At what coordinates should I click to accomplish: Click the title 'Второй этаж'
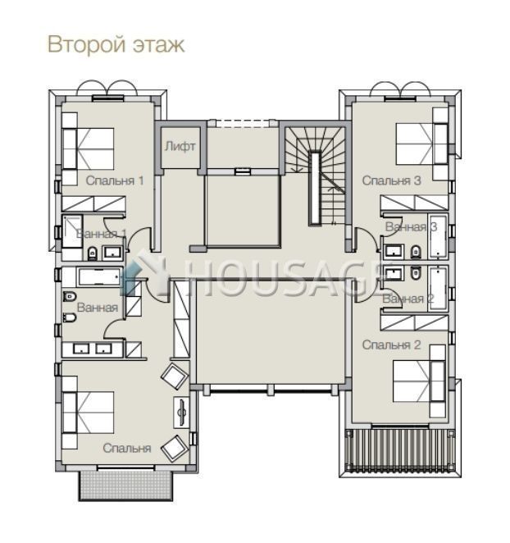(x=116, y=44)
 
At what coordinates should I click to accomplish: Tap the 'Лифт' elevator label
(x=180, y=146)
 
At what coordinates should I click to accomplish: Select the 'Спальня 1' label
(x=115, y=180)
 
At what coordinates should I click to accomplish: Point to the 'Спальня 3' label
(x=392, y=180)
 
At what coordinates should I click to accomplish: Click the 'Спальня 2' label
(x=392, y=345)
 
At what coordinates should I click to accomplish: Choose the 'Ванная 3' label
(x=411, y=227)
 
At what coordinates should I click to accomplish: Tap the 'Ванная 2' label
(x=408, y=299)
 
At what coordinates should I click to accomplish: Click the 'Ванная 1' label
(x=101, y=234)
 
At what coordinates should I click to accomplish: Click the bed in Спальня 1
(x=89, y=149)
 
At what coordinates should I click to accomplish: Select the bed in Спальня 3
(x=421, y=144)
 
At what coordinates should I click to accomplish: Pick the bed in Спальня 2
(x=419, y=381)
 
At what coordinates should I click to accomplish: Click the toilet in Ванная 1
(x=92, y=253)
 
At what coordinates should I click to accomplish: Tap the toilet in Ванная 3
(x=416, y=252)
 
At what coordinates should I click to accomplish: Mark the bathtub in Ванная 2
(x=438, y=289)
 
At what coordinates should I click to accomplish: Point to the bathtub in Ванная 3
(x=438, y=236)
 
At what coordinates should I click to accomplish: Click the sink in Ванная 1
(x=113, y=253)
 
